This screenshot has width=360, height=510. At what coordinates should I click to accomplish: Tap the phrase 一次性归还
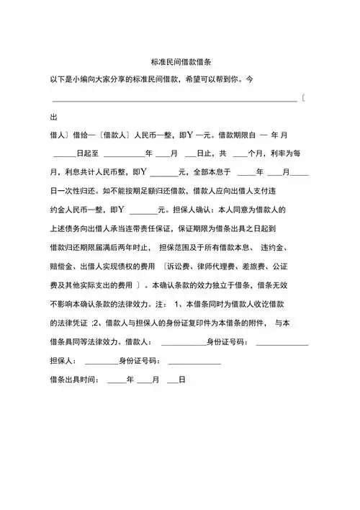click(x=79, y=191)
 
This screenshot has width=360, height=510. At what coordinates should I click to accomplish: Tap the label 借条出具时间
click(x=75, y=380)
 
